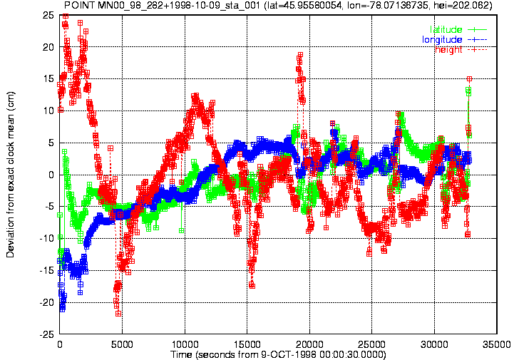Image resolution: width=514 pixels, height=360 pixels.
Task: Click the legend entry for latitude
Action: click(458, 29)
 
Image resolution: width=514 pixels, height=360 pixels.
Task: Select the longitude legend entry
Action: click(454, 40)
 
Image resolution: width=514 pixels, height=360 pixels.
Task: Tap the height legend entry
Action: click(461, 49)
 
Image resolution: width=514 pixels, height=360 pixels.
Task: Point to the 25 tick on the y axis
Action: click(48, 15)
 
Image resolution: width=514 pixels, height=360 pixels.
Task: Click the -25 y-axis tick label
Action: click(47, 334)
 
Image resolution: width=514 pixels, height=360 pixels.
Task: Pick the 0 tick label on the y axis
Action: click(51, 175)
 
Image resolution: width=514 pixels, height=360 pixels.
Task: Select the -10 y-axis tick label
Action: click(47, 238)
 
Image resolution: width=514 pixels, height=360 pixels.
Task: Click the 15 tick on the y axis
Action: click(48, 78)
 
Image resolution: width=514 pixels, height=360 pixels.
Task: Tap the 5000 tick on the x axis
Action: click(122, 344)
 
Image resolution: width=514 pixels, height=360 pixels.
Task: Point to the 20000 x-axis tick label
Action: click(309, 344)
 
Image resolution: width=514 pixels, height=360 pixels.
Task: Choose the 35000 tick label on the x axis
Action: click(497, 344)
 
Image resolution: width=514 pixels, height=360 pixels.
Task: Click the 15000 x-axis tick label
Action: click(247, 344)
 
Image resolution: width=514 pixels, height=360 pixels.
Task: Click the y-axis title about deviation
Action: click(11, 175)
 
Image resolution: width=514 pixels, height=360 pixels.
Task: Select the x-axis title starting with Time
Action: click(278, 354)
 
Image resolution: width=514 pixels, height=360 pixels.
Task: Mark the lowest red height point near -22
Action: click(118, 314)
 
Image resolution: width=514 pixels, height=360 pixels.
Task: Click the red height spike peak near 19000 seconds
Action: click(300, 55)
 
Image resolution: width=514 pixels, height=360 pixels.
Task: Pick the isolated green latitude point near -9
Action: click(181, 231)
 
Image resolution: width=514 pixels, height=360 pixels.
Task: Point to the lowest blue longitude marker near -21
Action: click(62, 309)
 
